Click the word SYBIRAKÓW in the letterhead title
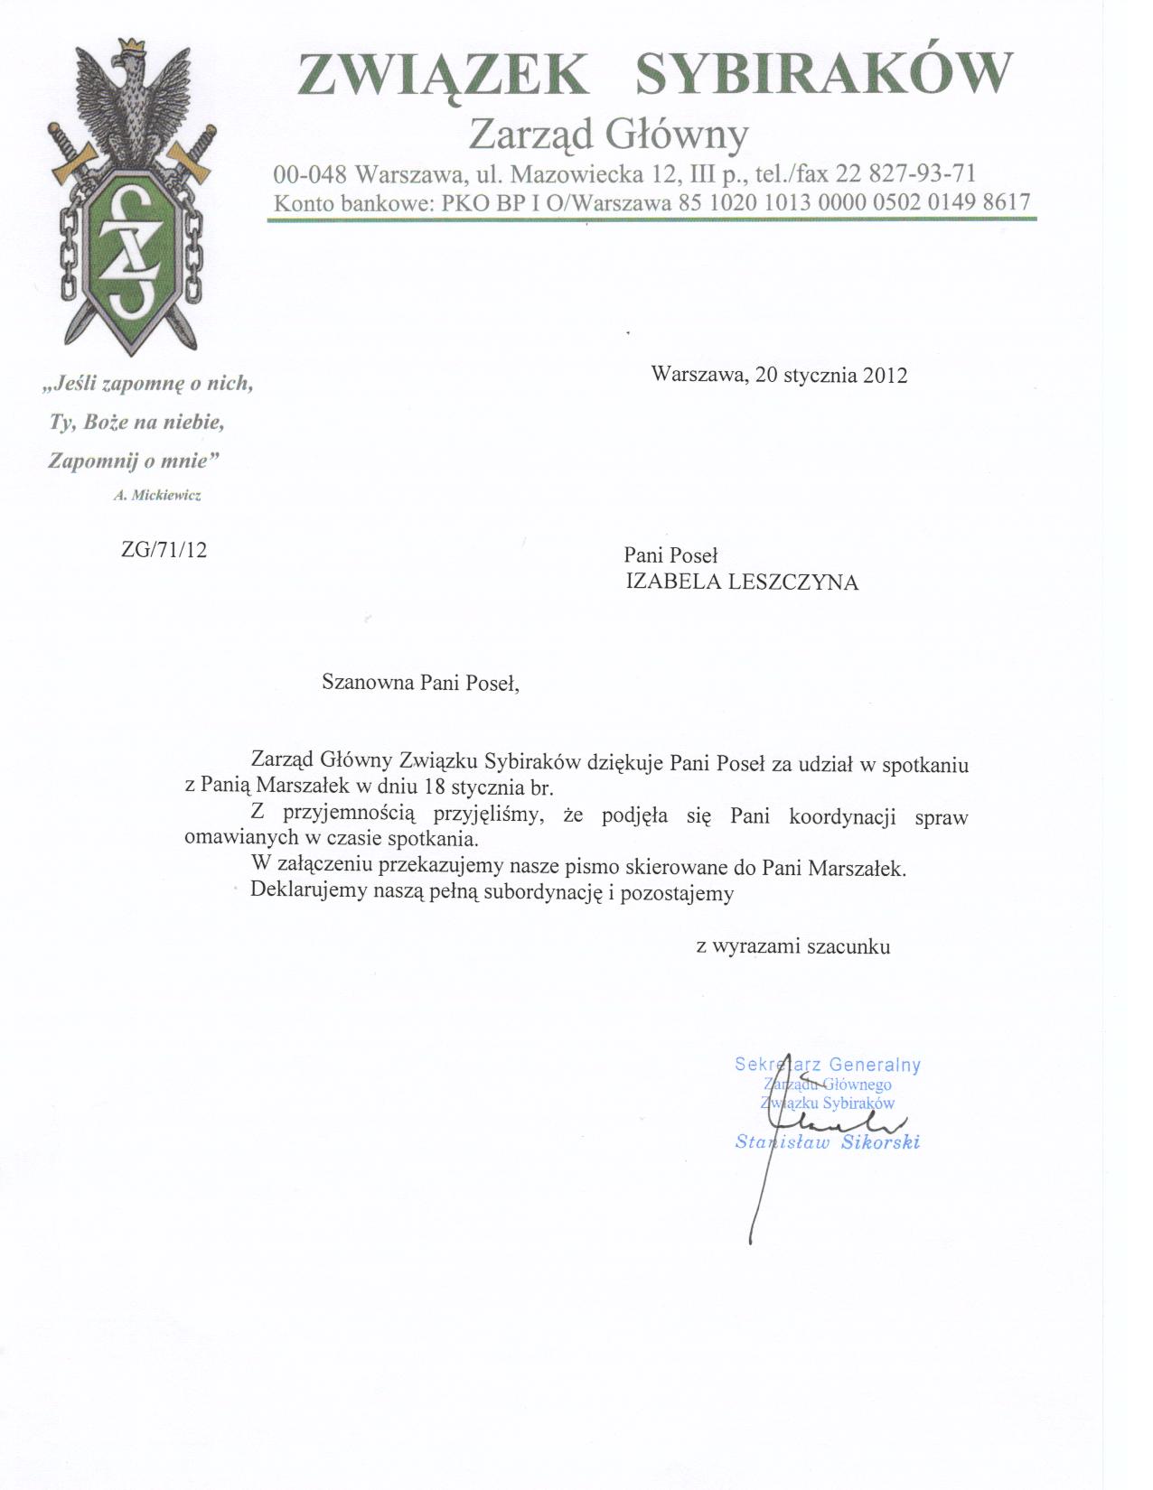(x=823, y=73)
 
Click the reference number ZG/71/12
(x=164, y=550)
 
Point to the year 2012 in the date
(x=885, y=375)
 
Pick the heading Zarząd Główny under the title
(x=609, y=135)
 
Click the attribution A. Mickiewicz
(x=157, y=495)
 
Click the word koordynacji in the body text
(x=842, y=816)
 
